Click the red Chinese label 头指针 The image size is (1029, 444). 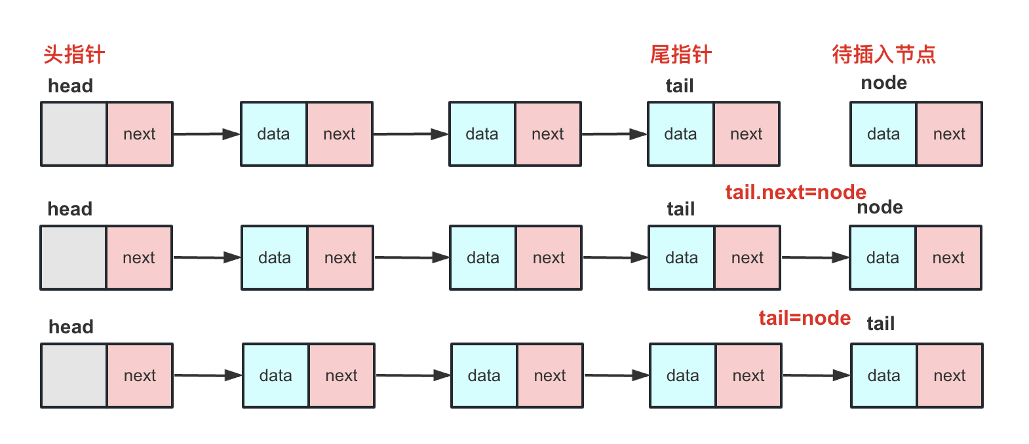(74, 54)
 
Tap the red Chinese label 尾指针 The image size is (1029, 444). (680, 54)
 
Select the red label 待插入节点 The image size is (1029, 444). (883, 54)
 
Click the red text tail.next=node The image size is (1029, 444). (796, 192)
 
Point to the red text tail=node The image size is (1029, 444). (804, 318)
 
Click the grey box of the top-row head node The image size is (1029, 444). (74, 134)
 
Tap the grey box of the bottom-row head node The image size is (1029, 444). (74, 375)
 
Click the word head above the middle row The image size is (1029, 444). (70, 209)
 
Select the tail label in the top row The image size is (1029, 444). (680, 86)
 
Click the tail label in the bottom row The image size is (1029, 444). (880, 324)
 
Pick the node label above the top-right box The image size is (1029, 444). (883, 83)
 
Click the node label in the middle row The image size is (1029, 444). (880, 208)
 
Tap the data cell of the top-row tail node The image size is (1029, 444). (680, 134)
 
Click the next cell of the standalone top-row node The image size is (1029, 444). (949, 134)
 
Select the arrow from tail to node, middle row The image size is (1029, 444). (815, 257)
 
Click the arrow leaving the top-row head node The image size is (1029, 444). (206, 134)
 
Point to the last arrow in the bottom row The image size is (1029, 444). (816, 375)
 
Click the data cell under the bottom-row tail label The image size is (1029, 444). (883, 375)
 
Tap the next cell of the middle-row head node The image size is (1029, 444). (139, 257)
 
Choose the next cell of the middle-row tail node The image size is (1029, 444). (747, 257)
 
